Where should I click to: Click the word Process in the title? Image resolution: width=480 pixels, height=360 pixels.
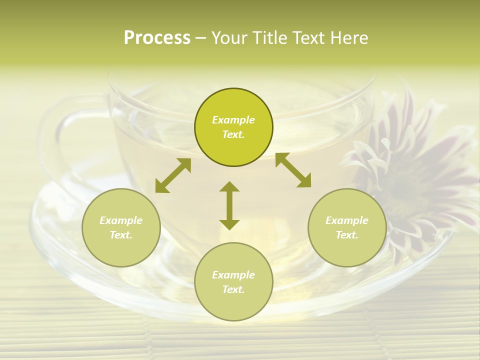[157, 38]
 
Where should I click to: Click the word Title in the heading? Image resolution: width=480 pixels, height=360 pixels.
[268, 38]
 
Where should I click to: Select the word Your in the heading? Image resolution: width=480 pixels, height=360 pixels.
[230, 38]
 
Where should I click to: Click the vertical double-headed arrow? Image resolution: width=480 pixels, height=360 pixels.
[229, 205]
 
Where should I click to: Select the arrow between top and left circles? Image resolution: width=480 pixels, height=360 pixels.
[173, 175]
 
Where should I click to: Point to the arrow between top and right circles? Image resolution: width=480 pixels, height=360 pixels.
[293, 170]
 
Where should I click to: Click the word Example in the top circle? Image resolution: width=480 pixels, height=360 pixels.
[233, 120]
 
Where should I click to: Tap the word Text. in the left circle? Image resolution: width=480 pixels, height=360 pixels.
[121, 235]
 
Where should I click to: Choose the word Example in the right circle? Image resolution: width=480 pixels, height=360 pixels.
[347, 220]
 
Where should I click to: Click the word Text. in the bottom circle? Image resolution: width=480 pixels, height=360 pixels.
[233, 289]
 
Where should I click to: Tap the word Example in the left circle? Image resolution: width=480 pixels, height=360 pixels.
[121, 220]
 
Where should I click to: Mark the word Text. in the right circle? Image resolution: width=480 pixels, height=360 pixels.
[347, 235]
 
